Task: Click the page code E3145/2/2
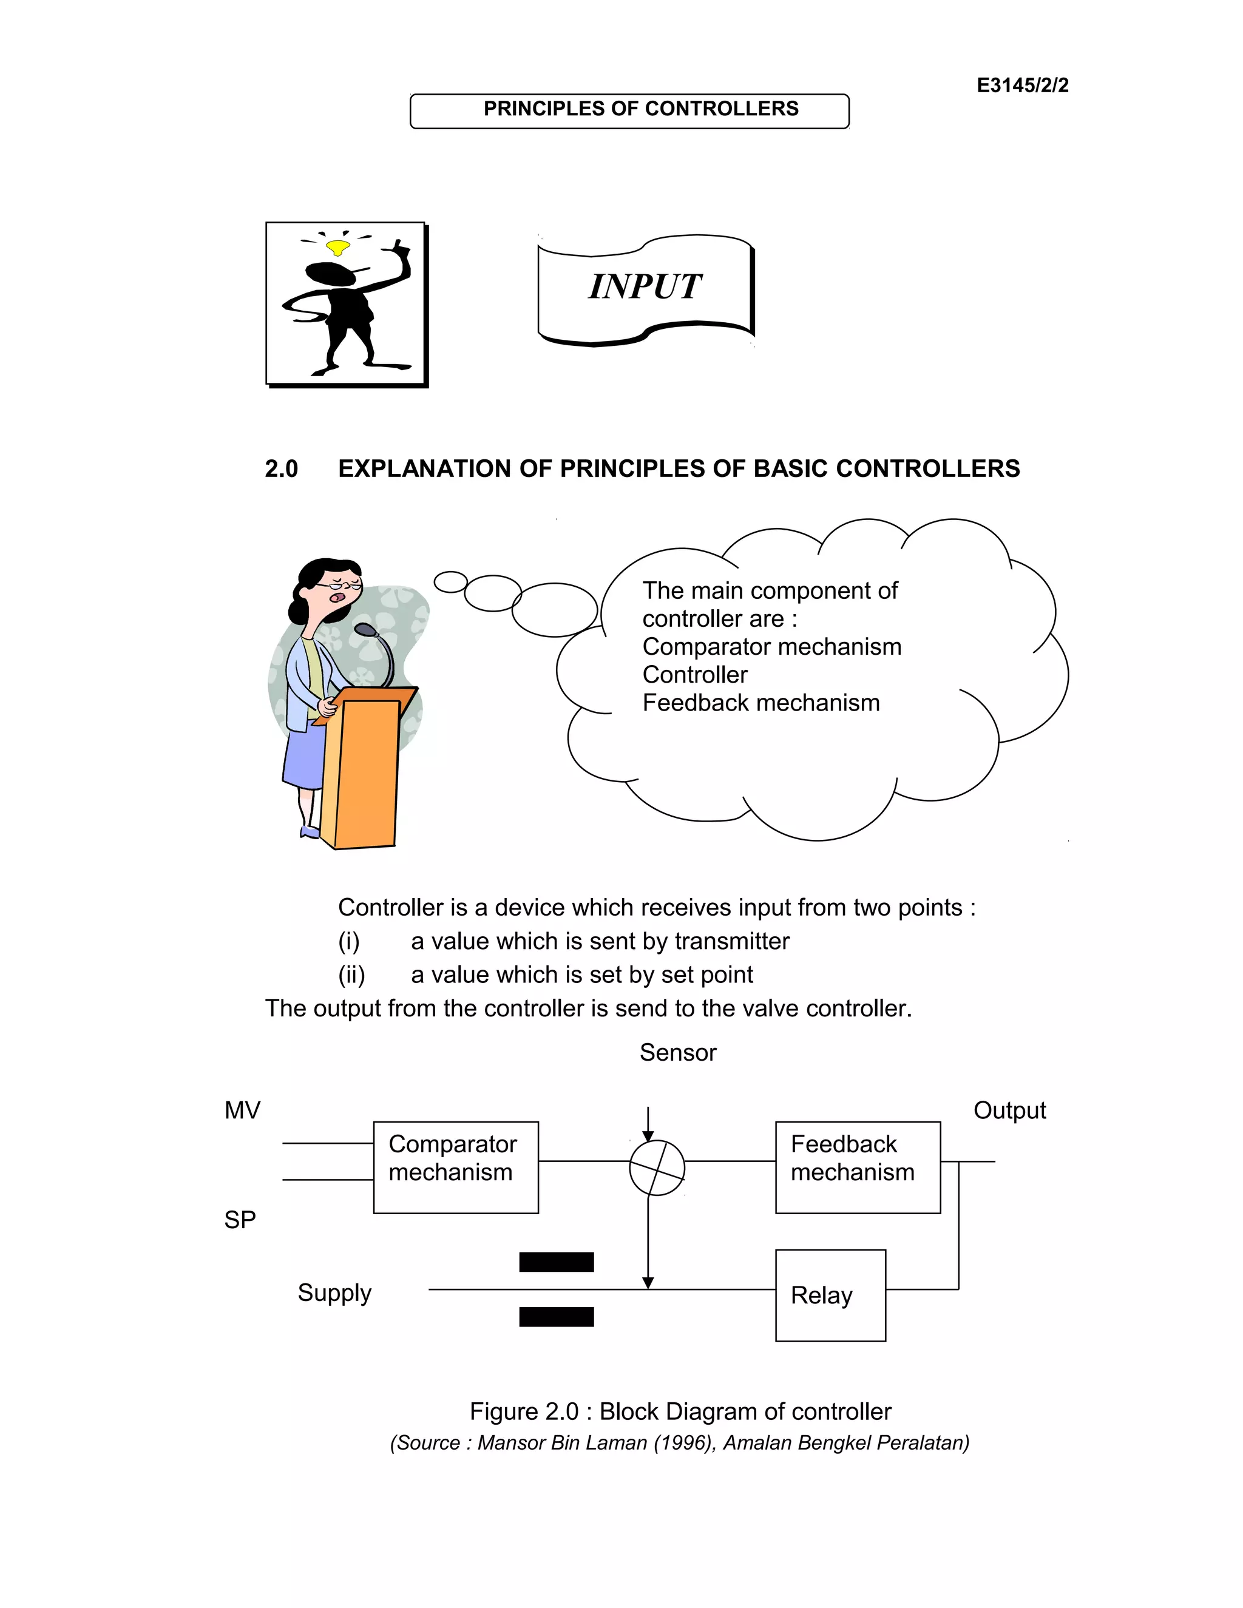[x=1022, y=86]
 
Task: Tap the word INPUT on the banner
[x=645, y=286]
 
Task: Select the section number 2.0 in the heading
[x=281, y=469]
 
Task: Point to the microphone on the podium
[x=365, y=630]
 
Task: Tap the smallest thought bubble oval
[x=451, y=582]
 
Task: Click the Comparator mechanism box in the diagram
[x=456, y=1167]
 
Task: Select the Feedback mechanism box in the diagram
[x=858, y=1167]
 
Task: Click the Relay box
[x=830, y=1295]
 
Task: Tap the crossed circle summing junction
[x=657, y=1167]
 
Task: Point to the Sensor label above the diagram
[x=677, y=1053]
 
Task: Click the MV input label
[x=242, y=1110]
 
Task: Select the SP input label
[x=240, y=1220]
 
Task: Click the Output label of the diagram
[x=1009, y=1110]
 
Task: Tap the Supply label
[x=334, y=1293]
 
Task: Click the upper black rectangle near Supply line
[x=556, y=1262]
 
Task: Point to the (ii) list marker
[x=351, y=975]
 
